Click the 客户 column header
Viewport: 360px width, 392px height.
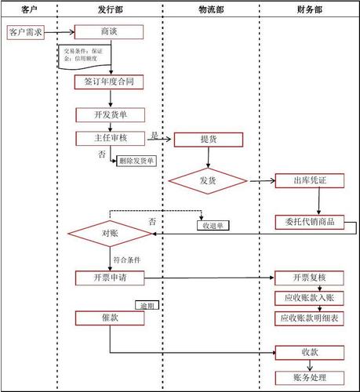(29, 9)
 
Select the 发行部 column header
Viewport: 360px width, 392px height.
(109, 9)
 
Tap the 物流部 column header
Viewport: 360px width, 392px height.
(209, 9)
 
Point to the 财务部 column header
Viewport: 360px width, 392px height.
(309, 9)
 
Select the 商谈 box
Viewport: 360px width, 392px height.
(110, 32)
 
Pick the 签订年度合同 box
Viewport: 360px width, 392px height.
(110, 81)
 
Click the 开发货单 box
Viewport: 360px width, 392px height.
(110, 114)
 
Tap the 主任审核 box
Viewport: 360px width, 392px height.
(110, 139)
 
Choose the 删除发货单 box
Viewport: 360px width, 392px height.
(136, 161)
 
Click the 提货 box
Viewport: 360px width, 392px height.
(209, 140)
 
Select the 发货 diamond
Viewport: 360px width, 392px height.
(208, 181)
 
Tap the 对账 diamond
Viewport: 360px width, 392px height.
(110, 234)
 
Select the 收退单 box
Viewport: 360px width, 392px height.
(214, 226)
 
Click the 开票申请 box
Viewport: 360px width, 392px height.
(110, 278)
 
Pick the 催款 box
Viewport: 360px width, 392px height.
(110, 318)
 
